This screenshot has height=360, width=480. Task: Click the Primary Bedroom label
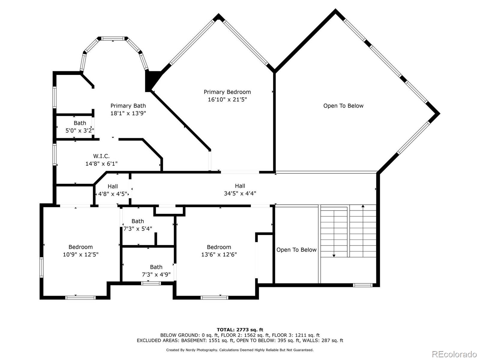click(x=227, y=92)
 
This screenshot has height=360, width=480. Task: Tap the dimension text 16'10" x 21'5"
click(x=227, y=100)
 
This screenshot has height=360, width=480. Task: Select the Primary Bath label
click(x=128, y=106)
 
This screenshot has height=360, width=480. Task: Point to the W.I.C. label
click(x=101, y=156)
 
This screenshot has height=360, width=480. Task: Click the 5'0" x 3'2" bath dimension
click(x=79, y=130)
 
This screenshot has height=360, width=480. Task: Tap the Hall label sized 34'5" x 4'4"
click(x=240, y=186)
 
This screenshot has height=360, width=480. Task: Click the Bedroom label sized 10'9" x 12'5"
click(x=80, y=247)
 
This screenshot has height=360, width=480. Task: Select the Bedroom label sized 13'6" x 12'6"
click(x=219, y=247)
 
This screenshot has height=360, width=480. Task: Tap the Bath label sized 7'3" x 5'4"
click(x=138, y=221)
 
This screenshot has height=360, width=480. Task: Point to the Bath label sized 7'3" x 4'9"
click(x=156, y=267)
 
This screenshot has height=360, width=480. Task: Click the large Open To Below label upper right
click(x=343, y=106)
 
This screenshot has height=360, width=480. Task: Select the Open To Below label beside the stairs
click(x=296, y=250)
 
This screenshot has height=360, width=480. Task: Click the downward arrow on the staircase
click(x=334, y=255)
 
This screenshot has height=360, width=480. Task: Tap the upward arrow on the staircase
click(x=363, y=206)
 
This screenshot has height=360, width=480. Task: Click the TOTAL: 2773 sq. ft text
click(x=240, y=330)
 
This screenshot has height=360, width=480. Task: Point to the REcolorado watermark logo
click(x=454, y=354)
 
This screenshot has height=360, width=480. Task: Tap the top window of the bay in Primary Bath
click(x=112, y=38)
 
